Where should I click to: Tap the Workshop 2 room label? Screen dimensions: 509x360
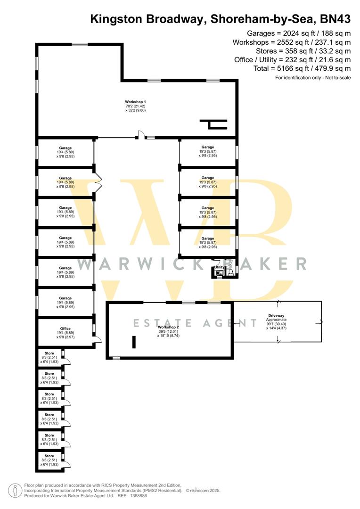[168, 327]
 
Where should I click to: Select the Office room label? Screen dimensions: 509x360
[65, 328]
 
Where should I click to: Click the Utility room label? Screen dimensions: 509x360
[219, 267]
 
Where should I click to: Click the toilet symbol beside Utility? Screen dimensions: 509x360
[230, 272]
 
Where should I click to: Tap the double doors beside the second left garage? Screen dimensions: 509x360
[98, 182]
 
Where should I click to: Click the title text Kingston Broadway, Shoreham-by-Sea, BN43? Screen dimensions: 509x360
[220, 19]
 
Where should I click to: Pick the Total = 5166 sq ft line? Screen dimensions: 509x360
[302, 69]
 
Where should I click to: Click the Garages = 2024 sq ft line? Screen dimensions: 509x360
[299, 33]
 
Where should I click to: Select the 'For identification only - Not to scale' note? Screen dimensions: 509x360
[313, 78]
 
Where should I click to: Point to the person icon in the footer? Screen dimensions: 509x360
[16, 490]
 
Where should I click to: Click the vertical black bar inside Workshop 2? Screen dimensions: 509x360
[134, 342]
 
